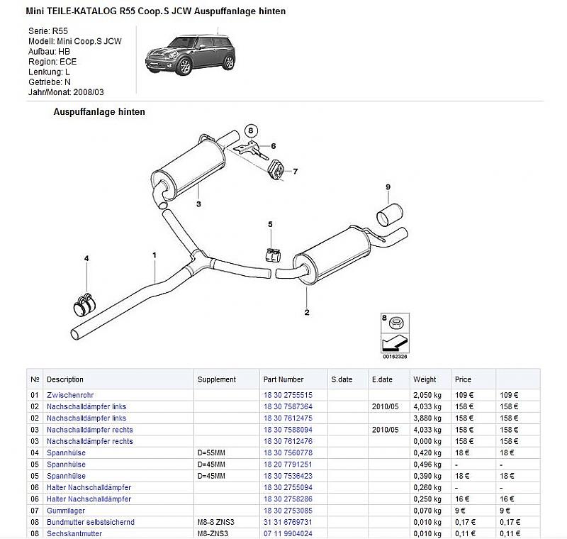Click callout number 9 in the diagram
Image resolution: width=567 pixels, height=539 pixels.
point(388,187)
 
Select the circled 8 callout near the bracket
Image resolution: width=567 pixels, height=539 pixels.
point(249,130)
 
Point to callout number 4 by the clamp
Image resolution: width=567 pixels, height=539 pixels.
point(86,258)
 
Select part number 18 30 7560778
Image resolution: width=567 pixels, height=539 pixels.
point(287,452)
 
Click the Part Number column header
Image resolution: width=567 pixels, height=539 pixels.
point(283,379)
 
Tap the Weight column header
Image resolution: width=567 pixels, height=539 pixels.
point(425,379)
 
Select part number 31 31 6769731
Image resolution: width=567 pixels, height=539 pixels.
point(287,522)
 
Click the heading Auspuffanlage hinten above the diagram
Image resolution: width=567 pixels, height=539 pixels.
point(99,112)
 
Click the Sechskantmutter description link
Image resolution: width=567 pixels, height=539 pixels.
point(74,533)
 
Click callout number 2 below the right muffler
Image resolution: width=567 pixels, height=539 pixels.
point(307,311)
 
